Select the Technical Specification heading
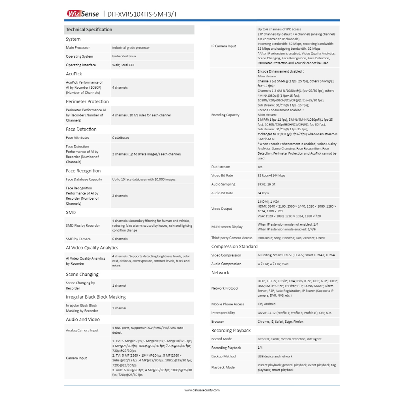click(x=89, y=30)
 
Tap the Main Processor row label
click(x=78, y=48)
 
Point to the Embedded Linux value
click(x=124, y=56)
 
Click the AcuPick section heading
click(x=74, y=74)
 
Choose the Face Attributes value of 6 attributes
click(x=120, y=138)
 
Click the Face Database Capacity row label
click(x=84, y=179)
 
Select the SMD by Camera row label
click(x=78, y=239)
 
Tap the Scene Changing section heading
click(x=82, y=274)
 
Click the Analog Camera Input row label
click(x=82, y=330)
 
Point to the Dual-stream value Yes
click(x=260, y=167)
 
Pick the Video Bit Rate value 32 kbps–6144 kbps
click(x=271, y=176)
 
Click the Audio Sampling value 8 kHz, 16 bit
click(x=266, y=184)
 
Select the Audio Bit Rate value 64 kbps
click(x=263, y=193)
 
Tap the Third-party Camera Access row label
click(x=232, y=238)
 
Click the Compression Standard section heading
click(x=234, y=247)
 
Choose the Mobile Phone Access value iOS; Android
click(x=267, y=304)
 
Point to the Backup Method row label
click(x=223, y=356)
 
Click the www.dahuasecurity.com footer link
click(x=202, y=390)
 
